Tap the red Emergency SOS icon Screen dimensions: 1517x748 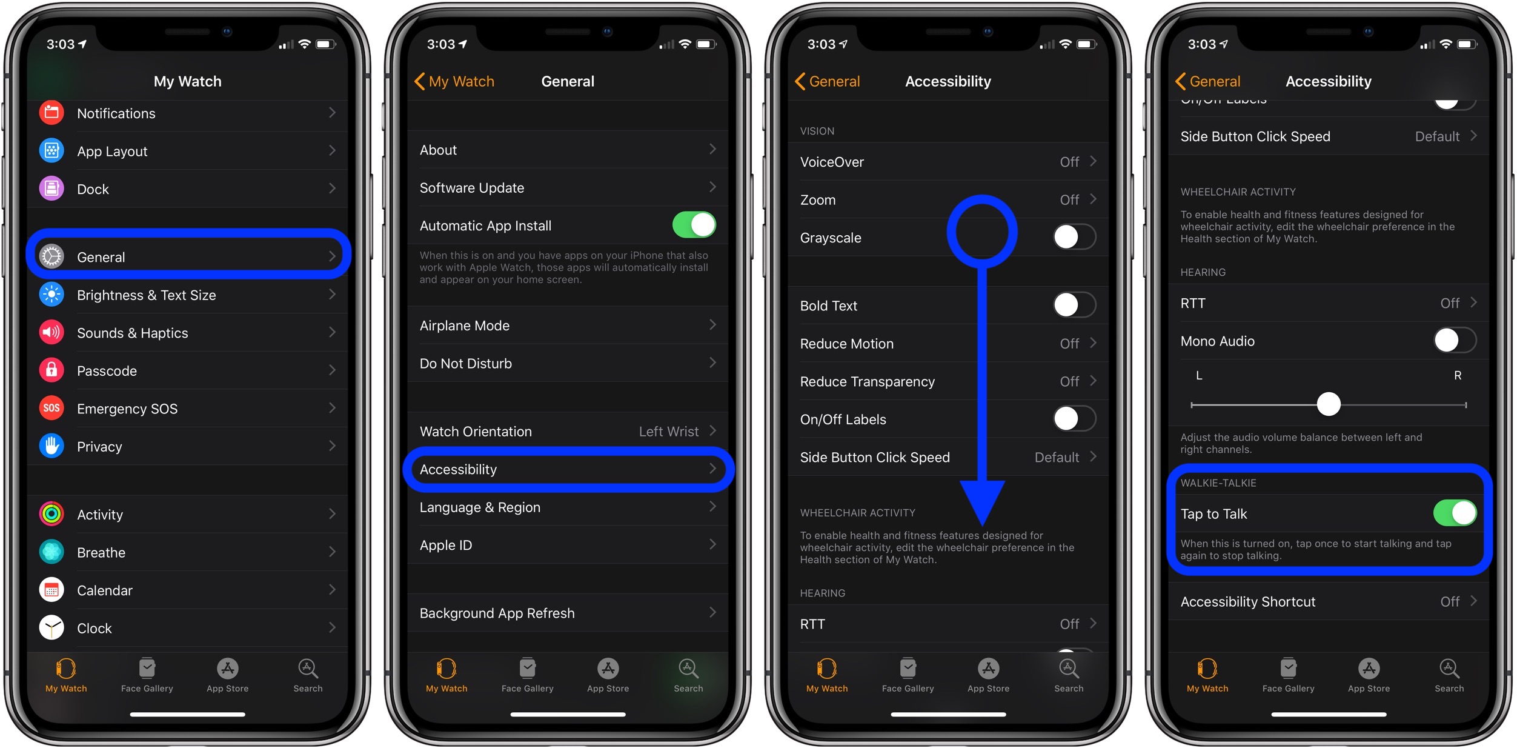click(51, 408)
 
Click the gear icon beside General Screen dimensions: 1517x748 click(51, 256)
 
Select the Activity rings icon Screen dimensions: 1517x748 click(51, 514)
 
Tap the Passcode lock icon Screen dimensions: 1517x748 click(51, 370)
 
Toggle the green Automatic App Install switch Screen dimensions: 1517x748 click(694, 225)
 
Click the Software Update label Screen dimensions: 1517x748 click(471, 188)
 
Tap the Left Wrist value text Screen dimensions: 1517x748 click(668, 431)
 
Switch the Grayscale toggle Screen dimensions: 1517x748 click(1074, 237)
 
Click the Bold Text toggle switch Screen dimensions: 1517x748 click(1074, 305)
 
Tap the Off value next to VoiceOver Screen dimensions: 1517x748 click(1069, 162)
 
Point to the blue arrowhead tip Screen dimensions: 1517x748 click(982, 525)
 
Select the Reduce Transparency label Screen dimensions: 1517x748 click(867, 382)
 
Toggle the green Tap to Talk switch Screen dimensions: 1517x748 click(1455, 513)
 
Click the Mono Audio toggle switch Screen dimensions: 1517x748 click(1455, 340)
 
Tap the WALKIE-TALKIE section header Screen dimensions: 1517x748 click(1218, 483)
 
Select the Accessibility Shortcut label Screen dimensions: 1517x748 click(1247, 602)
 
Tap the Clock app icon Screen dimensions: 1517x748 click(51, 627)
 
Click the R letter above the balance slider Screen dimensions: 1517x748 click(1458, 376)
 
